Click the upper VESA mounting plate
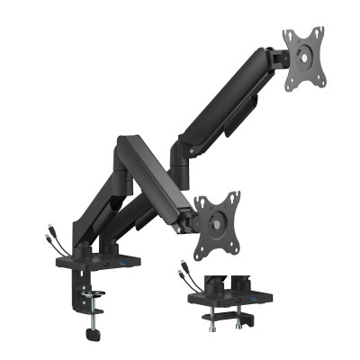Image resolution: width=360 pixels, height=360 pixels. click(x=304, y=59)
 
